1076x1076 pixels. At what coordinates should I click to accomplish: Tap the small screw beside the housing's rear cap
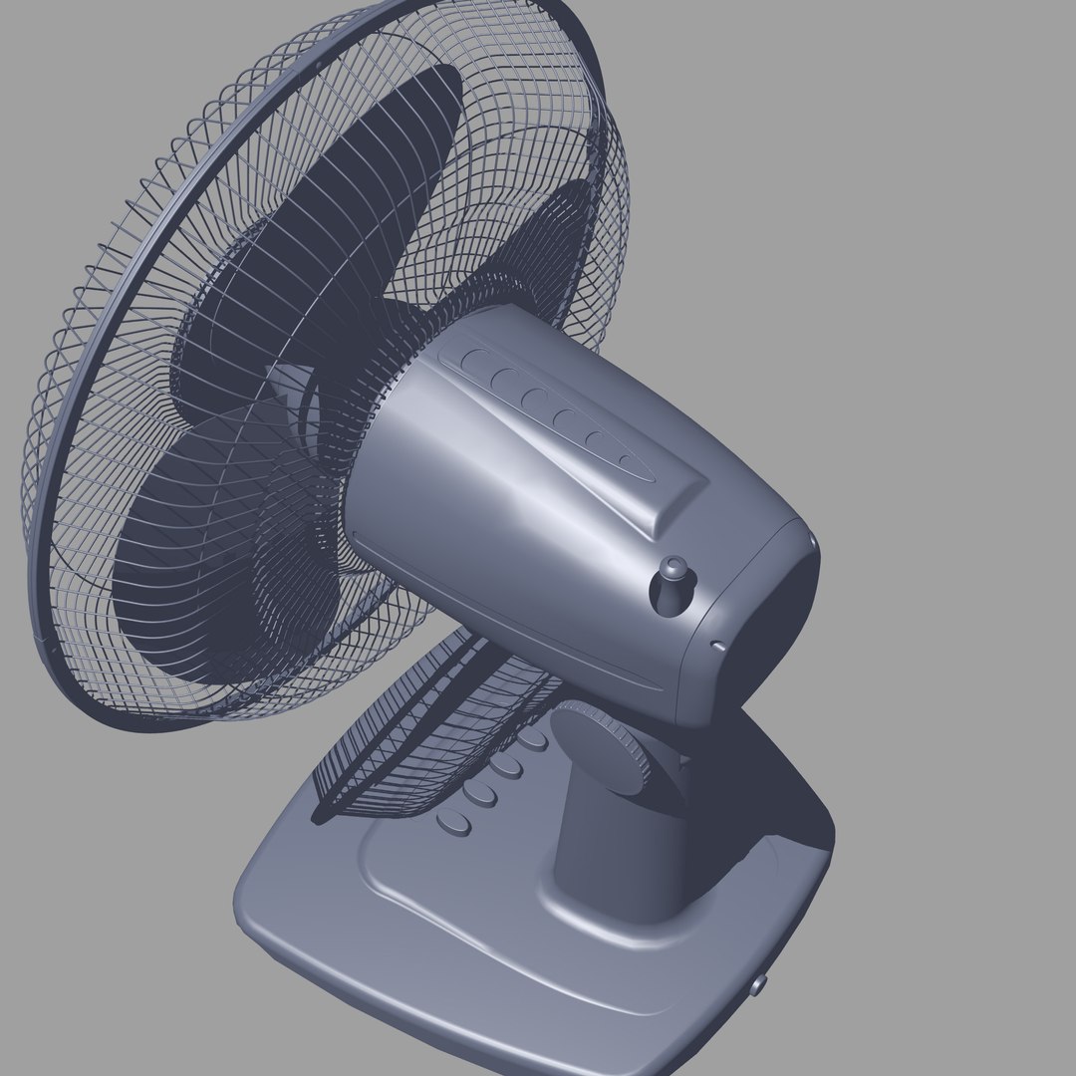click(716, 644)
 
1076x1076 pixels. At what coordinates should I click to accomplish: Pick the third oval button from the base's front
click(506, 765)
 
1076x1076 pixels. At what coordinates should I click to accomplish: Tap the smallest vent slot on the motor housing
click(627, 459)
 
